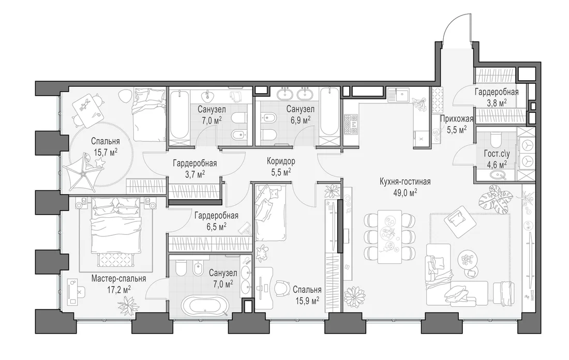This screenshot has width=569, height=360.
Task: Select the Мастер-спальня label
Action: click(118, 279)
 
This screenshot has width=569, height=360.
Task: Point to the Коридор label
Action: click(281, 161)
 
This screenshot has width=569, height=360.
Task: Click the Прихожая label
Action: click(457, 118)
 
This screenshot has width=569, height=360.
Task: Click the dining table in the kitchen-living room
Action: click(390, 236)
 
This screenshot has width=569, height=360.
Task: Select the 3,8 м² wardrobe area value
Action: click(497, 103)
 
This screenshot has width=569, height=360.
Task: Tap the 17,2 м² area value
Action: click(118, 290)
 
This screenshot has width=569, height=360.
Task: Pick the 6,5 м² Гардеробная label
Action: click(216, 216)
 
